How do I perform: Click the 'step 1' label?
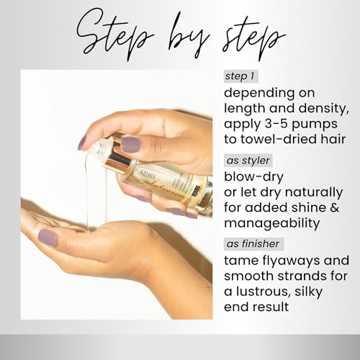(240, 76)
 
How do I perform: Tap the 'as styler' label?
(248, 161)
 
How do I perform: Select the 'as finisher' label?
(253, 244)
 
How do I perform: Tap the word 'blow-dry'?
(253, 177)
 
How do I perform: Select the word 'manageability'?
(272, 224)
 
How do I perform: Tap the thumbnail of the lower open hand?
(48, 237)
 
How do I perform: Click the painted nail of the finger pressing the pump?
(131, 145)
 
